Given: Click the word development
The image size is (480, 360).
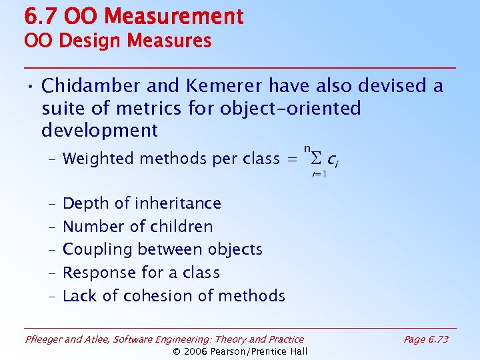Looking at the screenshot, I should coord(99,129).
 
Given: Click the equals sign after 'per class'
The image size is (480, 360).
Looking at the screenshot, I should coord(292,159).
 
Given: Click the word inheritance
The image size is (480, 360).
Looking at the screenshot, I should coord(177,203).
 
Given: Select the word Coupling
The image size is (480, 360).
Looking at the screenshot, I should coord(97,250).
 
